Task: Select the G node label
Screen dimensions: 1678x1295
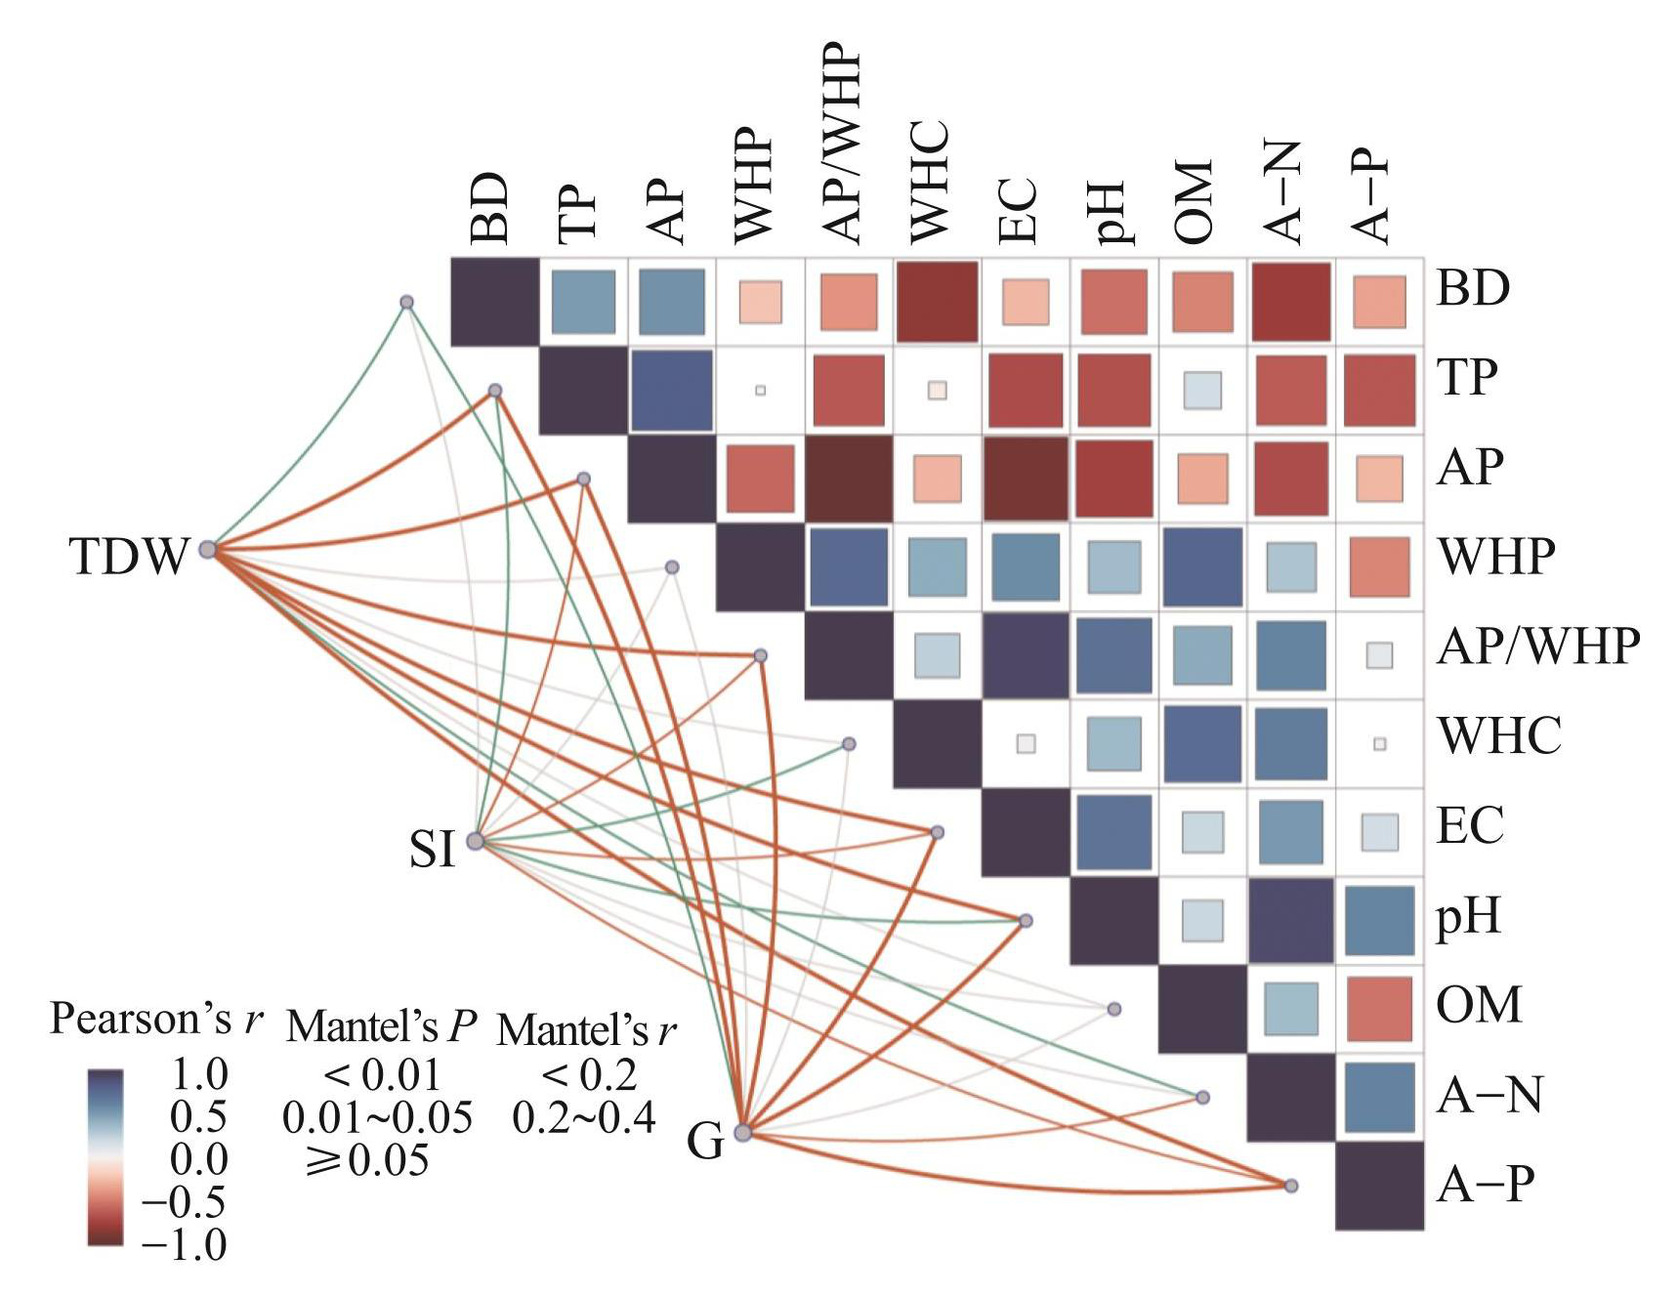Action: (706, 1140)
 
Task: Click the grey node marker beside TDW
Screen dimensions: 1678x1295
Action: (207, 550)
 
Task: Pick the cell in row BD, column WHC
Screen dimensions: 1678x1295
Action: (937, 302)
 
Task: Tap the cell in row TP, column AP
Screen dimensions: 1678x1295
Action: (671, 390)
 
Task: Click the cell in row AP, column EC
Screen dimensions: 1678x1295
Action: (1026, 479)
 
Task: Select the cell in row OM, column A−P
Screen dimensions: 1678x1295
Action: (1379, 1009)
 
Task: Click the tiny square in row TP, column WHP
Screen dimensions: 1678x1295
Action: (760, 391)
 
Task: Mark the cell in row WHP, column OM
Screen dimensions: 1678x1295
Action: (1202, 567)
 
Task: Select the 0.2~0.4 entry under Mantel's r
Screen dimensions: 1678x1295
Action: (583, 1117)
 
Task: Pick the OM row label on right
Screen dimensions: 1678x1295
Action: (1479, 1005)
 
